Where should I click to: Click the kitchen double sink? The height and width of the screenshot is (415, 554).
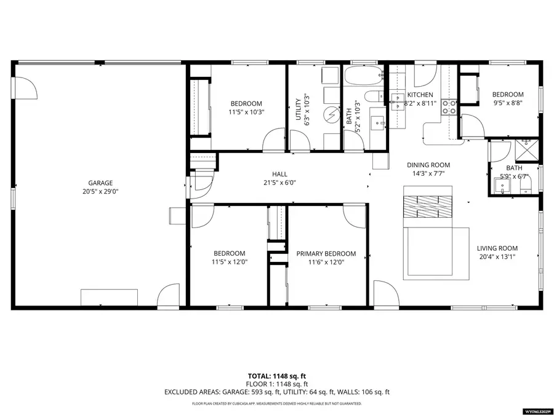tap(396, 98)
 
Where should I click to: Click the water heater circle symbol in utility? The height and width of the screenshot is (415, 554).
tap(332, 114)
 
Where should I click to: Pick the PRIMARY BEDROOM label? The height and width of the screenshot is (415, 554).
tap(326, 253)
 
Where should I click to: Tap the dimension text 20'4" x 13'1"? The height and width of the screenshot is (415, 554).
tap(497, 257)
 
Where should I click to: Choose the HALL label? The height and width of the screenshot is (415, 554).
tap(279, 175)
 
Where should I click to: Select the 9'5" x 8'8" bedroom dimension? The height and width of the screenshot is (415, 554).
tap(508, 103)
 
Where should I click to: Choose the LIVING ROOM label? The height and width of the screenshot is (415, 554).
tap(497, 248)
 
